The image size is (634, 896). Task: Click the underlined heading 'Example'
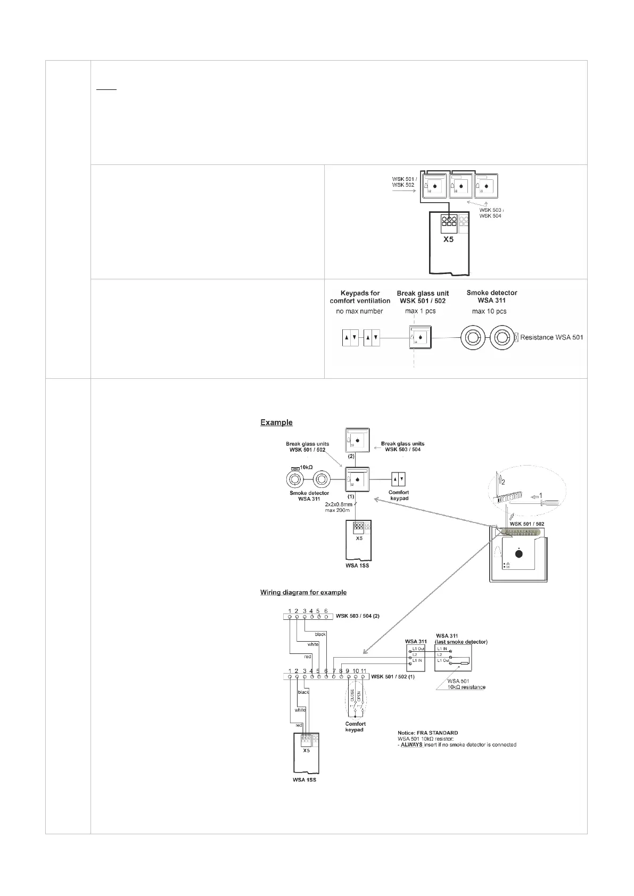(276, 422)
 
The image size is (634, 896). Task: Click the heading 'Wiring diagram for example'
(303, 592)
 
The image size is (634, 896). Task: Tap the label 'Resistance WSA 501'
(551, 337)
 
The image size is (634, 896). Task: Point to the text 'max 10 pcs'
(489, 311)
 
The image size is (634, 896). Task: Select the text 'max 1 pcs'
(421, 311)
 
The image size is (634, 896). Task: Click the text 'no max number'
(359, 311)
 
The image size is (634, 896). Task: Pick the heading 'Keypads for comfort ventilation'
(360, 297)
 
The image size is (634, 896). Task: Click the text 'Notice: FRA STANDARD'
(428, 733)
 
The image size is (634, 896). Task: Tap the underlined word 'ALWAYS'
(411, 744)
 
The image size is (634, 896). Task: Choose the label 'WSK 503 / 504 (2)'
(357, 616)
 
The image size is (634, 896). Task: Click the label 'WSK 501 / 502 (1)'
(392, 677)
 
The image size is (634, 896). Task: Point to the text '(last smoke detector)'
(461, 642)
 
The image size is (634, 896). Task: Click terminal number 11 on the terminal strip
(364, 671)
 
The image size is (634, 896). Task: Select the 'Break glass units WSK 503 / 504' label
(402, 446)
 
